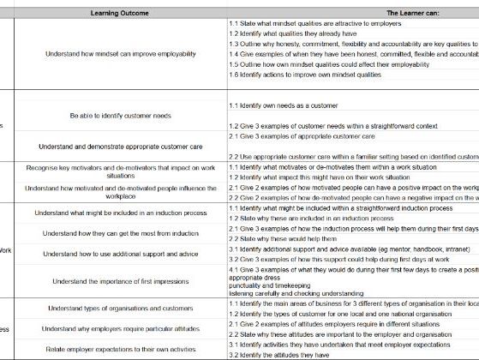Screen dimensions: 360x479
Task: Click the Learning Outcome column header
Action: click(x=120, y=13)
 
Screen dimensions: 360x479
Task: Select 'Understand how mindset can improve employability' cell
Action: click(x=120, y=53)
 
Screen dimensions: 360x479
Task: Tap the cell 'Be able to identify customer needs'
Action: click(x=120, y=115)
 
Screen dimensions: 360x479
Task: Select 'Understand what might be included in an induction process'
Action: click(x=120, y=213)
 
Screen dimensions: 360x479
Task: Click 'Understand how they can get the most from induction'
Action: click(x=120, y=233)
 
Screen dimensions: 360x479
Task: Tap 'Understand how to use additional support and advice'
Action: click(x=120, y=254)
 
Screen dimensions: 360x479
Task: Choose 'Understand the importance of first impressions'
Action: click(x=120, y=280)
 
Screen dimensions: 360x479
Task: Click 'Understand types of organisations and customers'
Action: click(x=120, y=308)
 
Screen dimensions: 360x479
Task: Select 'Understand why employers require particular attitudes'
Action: click(x=120, y=328)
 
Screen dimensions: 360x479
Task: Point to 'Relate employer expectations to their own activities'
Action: click(x=120, y=349)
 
